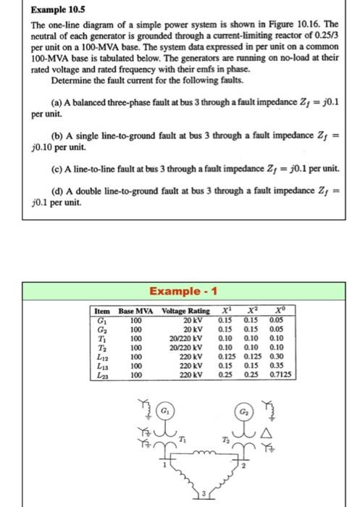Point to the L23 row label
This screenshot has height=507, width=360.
point(102,374)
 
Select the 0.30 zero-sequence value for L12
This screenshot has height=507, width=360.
point(273,356)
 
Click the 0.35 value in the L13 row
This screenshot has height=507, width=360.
point(273,365)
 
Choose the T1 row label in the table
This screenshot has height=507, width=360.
point(101,338)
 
